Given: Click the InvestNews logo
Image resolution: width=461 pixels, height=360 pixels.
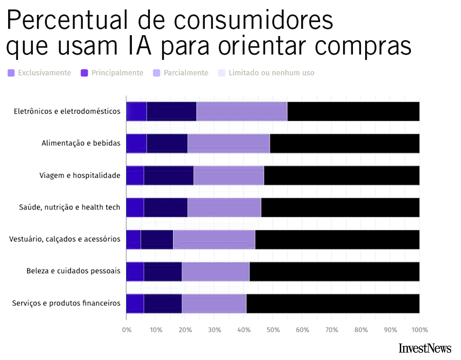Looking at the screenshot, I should tap(425, 348).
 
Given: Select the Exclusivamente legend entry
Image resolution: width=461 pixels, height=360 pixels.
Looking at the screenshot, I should tap(40, 73).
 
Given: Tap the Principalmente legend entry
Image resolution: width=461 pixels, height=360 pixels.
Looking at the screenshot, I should tap(112, 73).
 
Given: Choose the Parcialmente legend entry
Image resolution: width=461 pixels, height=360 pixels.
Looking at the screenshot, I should tap(181, 73).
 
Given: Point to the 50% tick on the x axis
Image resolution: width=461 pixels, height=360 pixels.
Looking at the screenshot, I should tap(273, 330).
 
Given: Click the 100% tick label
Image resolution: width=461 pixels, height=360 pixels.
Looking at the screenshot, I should tap(419, 330).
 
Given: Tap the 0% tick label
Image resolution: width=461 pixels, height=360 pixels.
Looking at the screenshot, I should tap(127, 330).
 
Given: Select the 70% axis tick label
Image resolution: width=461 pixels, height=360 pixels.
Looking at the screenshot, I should tap(332, 330).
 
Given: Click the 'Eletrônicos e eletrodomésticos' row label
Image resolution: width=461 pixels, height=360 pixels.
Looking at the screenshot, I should tap(67, 111).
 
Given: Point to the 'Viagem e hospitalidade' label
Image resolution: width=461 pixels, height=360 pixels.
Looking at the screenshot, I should tap(80, 175).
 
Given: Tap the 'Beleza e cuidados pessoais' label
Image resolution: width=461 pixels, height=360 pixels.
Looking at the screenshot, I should tap(73, 271).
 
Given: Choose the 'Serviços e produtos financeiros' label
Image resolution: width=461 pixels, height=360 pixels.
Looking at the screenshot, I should tap(66, 303).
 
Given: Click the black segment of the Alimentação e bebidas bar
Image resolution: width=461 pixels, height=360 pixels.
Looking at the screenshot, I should tap(344, 143).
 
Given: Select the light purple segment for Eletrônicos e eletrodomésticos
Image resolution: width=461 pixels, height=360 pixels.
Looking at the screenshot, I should tap(242, 111).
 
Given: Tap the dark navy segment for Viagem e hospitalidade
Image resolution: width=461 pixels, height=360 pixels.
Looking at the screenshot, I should tap(169, 175).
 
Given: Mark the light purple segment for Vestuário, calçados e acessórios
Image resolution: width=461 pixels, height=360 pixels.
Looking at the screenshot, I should tap(214, 239).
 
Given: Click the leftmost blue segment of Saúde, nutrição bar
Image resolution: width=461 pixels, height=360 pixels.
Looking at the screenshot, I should tap(135, 207).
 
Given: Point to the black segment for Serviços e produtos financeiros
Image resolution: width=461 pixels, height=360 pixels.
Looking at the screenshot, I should tap(333, 303).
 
